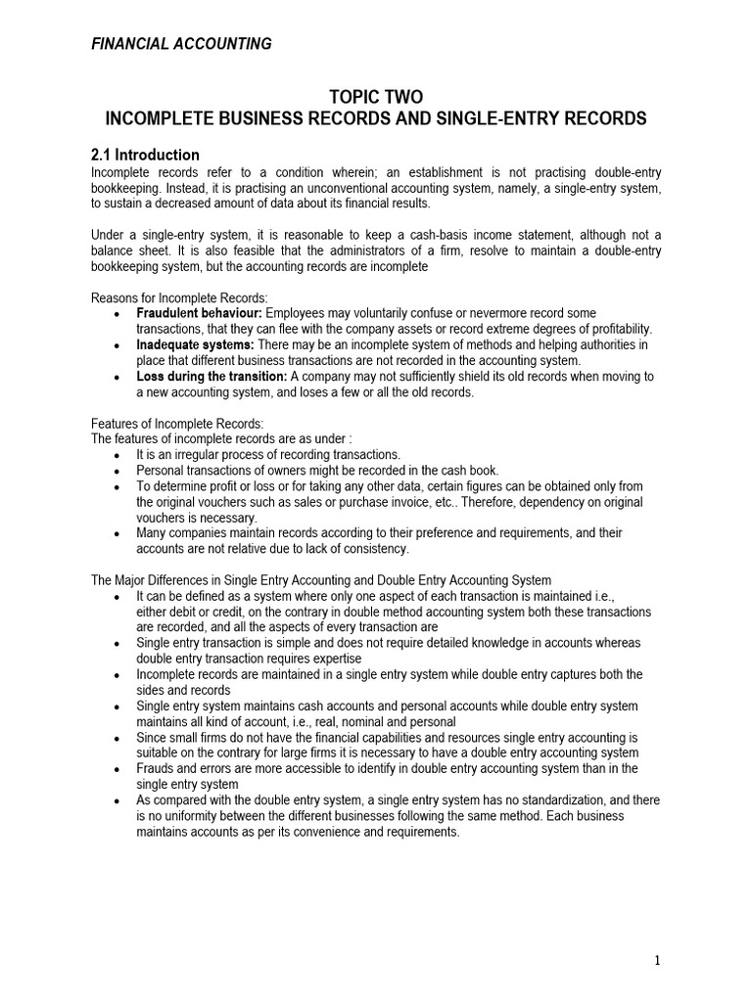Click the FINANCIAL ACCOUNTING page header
pos(181,43)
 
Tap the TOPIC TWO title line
pos(375,96)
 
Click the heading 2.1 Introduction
pos(145,155)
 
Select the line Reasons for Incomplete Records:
pos(179,297)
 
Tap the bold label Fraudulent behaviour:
pos(195,313)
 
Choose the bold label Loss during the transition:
pos(211,376)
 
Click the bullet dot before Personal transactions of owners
pos(117,471)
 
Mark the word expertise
pos(349,659)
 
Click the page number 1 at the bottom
pos(657,960)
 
